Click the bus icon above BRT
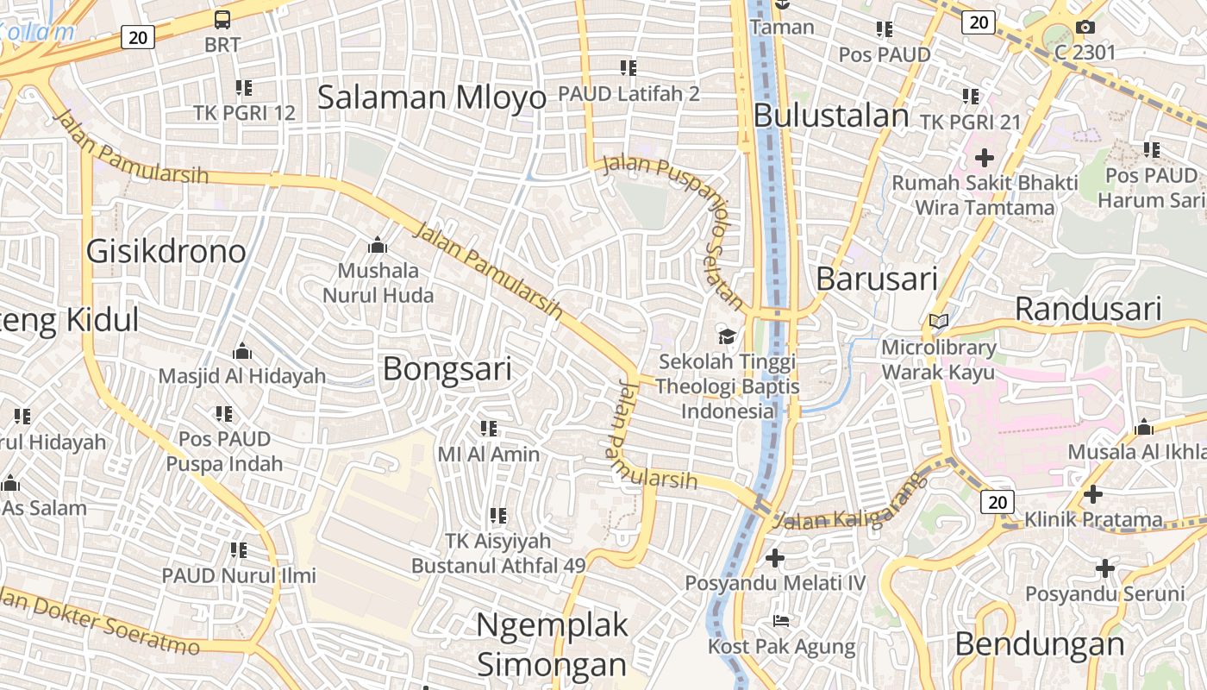[222, 19]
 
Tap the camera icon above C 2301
[1085, 28]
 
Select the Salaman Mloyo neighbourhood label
[432, 97]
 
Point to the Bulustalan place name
[831, 116]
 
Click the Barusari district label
[876, 279]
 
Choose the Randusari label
[1088, 308]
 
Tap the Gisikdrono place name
[166, 251]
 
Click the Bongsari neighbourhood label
[447, 368]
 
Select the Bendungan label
[1039, 643]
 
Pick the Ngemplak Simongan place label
[552, 644]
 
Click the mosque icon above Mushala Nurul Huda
[377, 246]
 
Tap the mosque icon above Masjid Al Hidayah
[242, 351]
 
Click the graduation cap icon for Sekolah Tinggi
[728, 336]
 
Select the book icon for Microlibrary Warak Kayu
[938, 322]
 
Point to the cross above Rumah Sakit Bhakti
[984, 158]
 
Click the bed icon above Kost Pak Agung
[781, 620]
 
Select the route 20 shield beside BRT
[138, 36]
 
